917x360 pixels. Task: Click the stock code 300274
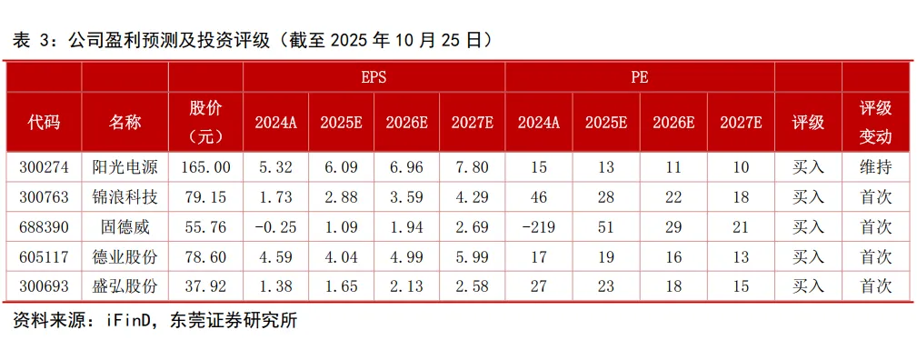(44, 167)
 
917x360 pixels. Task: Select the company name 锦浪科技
(125, 197)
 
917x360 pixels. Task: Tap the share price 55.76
(205, 227)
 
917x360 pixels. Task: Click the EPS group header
(374, 77)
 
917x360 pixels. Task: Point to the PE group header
(639, 77)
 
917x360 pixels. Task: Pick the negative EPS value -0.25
(275, 227)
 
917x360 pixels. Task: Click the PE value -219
(539, 227)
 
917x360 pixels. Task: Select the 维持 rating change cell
(875, 167)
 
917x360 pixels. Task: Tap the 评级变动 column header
(875, 123)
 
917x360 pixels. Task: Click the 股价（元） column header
(205, 123)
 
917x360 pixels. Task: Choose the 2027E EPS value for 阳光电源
(472, 167)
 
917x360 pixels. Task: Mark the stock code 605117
(44, 257)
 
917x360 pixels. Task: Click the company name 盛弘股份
(125, 286)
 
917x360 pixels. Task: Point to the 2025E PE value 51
(606, 227)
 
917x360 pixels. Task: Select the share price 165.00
(205, 167)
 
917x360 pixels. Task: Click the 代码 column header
(44, 123)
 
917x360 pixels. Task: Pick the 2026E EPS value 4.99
(406, 257)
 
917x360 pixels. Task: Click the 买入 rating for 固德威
(808, 227)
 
